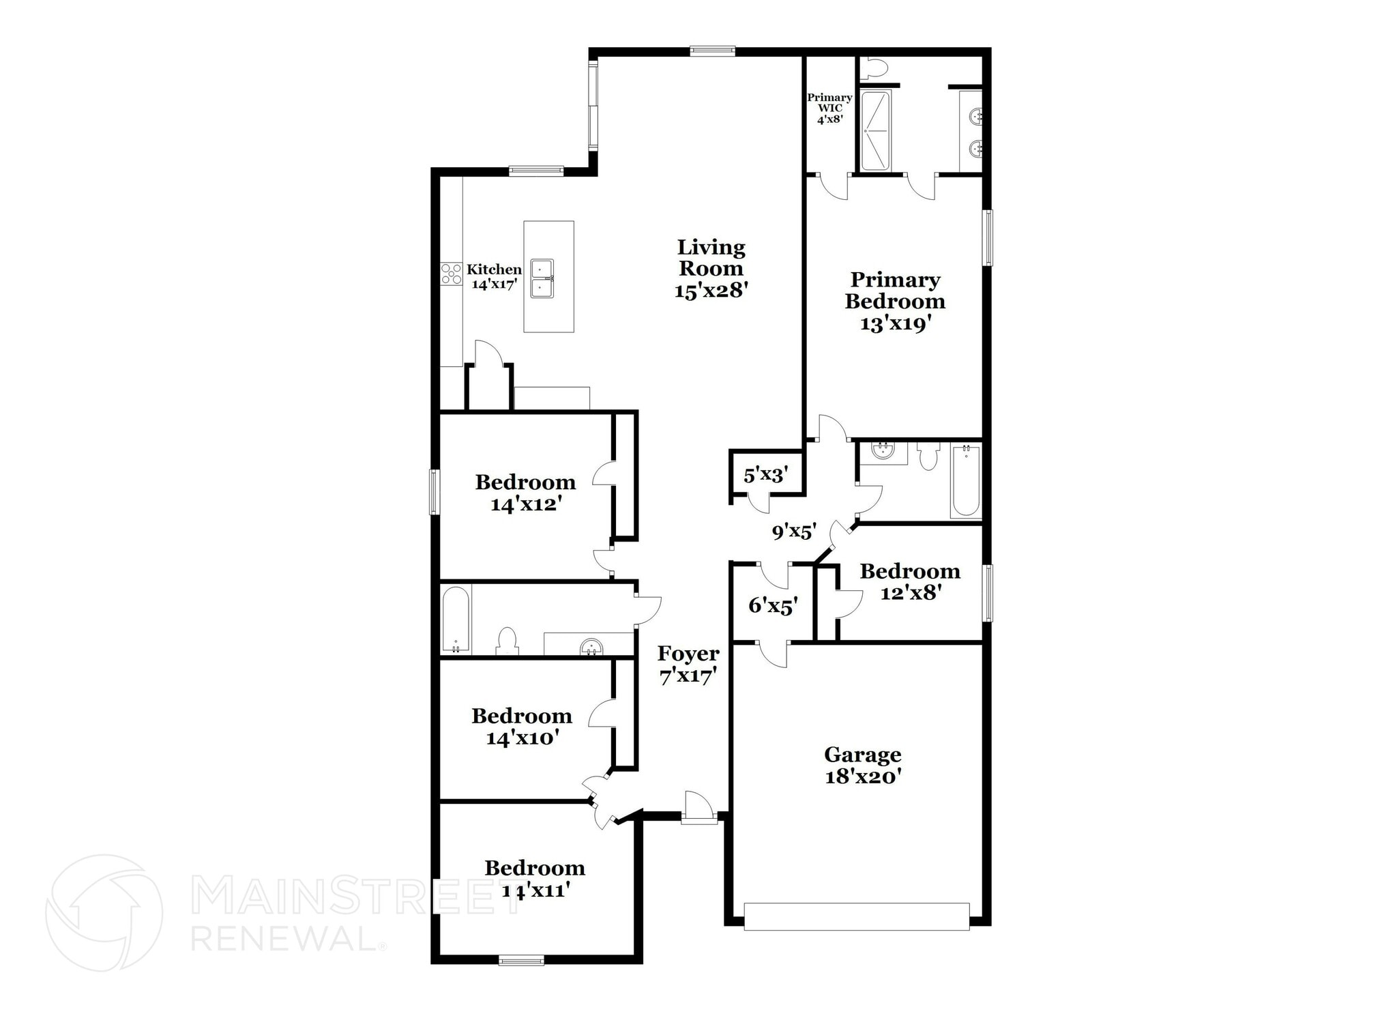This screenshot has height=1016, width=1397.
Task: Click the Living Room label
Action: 711,268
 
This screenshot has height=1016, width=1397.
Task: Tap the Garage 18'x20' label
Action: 863,765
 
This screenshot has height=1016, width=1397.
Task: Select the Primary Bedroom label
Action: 895,301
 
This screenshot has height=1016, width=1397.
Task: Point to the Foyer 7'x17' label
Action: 688,664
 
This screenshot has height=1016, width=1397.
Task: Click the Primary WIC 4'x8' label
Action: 829,108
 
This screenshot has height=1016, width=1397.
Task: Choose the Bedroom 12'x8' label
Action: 910,581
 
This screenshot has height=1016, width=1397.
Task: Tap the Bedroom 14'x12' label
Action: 525,493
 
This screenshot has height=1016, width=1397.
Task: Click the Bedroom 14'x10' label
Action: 522,726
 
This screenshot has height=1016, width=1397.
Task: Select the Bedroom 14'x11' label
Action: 535,878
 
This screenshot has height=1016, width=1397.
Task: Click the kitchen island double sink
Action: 542,278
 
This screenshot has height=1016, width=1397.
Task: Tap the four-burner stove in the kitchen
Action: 451,274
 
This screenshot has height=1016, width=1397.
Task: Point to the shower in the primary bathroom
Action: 875,130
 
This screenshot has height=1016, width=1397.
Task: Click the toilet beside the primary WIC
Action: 874,68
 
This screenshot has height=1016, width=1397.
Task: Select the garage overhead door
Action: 856,916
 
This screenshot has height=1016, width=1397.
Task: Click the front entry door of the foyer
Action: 699,809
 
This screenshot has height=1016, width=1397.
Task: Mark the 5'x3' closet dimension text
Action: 765,474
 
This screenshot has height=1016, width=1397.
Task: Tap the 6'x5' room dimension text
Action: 773,605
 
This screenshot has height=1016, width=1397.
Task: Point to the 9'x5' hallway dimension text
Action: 794,531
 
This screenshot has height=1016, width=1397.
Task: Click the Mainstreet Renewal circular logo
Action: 104,912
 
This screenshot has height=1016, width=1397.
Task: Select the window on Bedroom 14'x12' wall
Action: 433,491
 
